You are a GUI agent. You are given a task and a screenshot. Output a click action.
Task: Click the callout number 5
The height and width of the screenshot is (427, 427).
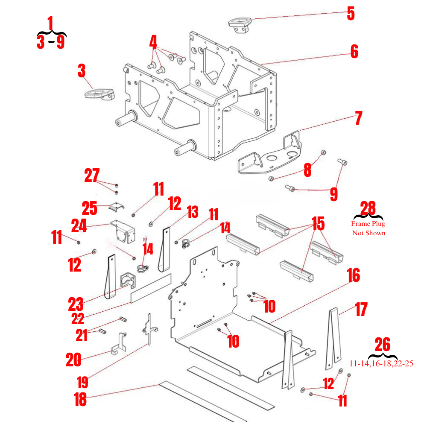[351, 13]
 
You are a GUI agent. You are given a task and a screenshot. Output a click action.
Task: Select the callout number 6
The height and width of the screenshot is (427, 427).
[354, 51]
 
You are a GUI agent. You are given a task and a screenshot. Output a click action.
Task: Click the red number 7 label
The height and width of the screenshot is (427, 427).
[358, 118]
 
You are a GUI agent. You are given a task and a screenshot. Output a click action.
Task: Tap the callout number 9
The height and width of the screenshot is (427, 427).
[333, 194]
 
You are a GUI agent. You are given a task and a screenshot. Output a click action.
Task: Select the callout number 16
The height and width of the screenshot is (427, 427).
[353, 275]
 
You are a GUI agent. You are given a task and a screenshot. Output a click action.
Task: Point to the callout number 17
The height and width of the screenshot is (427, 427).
[361, 309]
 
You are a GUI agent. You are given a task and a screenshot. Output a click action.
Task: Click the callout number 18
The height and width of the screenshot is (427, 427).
[80, 400]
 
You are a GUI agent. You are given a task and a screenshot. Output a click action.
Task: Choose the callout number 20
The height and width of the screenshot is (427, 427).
[73, 360]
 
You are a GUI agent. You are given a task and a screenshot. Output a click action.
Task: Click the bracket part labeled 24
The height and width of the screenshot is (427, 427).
[123, 229]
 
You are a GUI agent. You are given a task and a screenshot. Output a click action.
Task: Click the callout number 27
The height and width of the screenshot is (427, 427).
[92, 175]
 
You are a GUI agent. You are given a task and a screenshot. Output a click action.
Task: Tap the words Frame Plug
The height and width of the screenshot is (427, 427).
[368, 223]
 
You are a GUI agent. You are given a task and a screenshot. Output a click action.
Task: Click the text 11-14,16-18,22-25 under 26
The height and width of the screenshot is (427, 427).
[381, 364]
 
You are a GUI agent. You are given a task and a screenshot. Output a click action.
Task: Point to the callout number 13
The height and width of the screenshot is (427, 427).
[193, 211]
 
